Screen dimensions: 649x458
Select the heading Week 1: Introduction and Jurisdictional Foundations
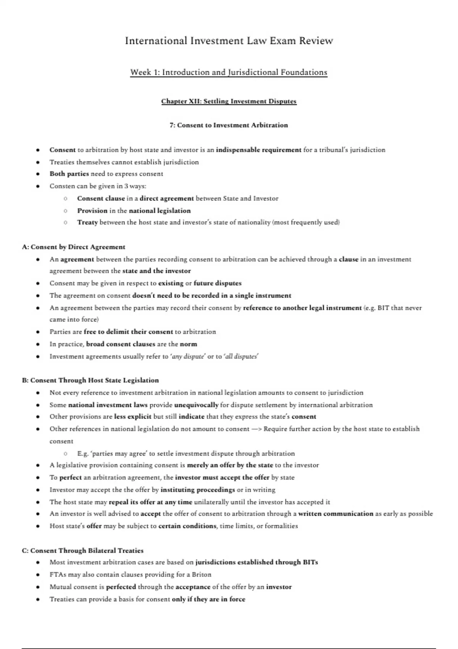tap(229, 72)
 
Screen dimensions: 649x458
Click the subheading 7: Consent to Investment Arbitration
tap(229, 125)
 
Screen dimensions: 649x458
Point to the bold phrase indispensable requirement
tap(258, 150)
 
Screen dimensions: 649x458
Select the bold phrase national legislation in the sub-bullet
tap(160, 210)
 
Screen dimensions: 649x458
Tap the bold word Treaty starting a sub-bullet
tap(87, 222)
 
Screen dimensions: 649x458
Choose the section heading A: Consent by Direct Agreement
tap(74, 247)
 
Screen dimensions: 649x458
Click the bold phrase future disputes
tap(218, 283)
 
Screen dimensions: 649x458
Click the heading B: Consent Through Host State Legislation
tap(90, 380)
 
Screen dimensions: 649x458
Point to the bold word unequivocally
tap(196, 405)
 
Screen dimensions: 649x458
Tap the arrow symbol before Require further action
tap(256, 429)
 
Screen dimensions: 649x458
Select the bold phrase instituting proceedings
tap(197, 489)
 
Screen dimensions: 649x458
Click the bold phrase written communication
tap(335, 513)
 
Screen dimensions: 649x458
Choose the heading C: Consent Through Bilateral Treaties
tap(83, 551)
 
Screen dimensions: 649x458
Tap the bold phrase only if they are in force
tap(208, 599)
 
